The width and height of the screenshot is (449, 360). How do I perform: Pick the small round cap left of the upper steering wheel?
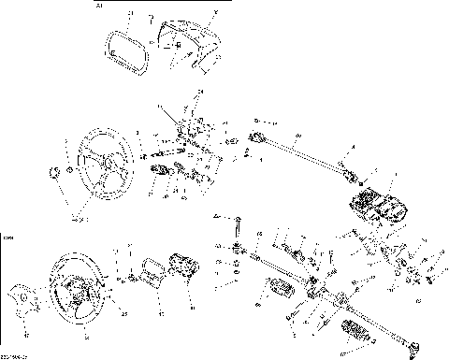click(55, 172)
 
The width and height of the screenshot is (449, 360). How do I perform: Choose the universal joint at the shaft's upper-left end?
click(258, 139)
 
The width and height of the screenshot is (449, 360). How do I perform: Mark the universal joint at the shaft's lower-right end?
click(349, 176)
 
